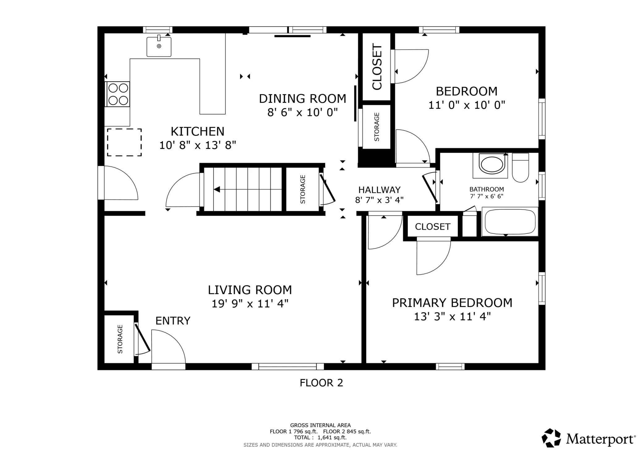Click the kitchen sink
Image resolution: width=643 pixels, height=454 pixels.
click(159, 46)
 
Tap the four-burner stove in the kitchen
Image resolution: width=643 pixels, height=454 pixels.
click(118, 94)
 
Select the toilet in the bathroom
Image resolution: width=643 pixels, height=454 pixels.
click(521, 167)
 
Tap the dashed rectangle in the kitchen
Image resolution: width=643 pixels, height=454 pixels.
click(124, 142)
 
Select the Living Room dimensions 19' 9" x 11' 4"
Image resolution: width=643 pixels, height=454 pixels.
click(250, 304)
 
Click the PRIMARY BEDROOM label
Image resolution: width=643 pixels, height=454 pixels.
click(452, 303)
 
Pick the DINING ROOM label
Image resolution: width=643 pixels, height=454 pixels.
click(302, 99)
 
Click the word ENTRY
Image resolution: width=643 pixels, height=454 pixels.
click(173, 321)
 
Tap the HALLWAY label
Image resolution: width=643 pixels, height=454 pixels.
click(379, 190)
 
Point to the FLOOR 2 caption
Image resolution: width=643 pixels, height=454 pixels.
click(321, 383)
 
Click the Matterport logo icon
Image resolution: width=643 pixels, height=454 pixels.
click(551, 438)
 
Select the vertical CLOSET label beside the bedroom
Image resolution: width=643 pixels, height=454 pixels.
click(377, 67)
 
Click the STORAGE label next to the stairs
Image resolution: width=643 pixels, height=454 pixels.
click(303, 189)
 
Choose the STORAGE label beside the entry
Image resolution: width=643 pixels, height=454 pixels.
click(120, 339)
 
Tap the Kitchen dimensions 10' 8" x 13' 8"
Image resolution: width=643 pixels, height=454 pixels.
click(198, 145)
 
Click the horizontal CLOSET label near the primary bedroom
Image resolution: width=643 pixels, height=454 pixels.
click(432, 227)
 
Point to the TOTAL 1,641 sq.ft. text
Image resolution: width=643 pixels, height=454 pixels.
click(320, 438)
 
